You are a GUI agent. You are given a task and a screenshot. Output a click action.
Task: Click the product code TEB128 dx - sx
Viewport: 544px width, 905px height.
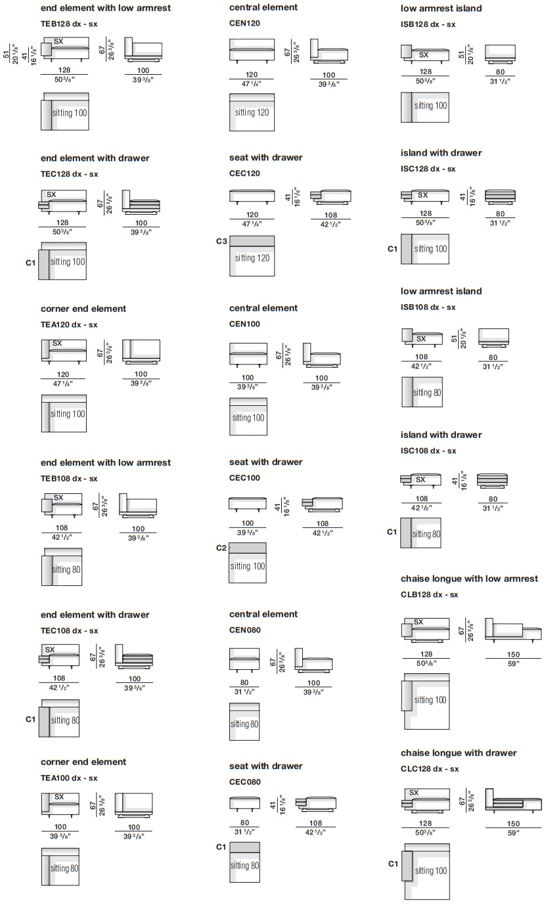(69, 24)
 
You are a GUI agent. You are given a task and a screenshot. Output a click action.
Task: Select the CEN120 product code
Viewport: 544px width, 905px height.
(244, 23)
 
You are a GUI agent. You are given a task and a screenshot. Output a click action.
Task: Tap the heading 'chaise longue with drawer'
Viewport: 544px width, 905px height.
(459, 753)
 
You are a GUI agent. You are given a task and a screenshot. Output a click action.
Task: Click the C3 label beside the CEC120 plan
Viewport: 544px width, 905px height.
(221, 241)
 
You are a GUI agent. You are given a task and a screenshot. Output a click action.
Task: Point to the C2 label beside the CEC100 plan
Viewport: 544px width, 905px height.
(221, 548)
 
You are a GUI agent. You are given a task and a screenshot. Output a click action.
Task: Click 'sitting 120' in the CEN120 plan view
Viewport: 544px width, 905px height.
(252, 112)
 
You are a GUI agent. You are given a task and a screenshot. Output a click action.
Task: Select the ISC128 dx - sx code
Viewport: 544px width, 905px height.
(428, 169)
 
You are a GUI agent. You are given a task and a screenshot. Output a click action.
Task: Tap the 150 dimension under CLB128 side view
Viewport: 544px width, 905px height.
(513, 654)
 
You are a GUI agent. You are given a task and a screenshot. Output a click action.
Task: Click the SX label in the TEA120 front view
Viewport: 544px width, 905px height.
(57, 343)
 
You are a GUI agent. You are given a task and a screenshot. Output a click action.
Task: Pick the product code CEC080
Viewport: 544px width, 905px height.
(245, 782)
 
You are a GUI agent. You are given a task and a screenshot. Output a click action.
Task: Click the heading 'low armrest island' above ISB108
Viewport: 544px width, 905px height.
(441, 291)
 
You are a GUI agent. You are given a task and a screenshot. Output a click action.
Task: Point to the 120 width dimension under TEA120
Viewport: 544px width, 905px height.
(63, 374)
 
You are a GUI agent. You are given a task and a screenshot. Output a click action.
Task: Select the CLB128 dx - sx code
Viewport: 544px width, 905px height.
(429, 594)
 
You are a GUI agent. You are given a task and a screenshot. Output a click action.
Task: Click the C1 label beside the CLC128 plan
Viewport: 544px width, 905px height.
(394, 864)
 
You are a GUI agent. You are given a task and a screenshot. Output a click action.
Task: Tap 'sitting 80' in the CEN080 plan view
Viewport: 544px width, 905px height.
(244, 724)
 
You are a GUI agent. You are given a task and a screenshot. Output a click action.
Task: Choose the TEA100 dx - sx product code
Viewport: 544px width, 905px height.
(69, 778)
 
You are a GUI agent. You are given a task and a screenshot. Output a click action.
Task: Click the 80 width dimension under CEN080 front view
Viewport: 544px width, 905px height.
(244, 682)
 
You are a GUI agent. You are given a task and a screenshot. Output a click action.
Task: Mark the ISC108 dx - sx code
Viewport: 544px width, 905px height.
(428, 451)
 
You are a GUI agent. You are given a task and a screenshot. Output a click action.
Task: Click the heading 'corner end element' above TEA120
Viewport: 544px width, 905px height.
(83, 309)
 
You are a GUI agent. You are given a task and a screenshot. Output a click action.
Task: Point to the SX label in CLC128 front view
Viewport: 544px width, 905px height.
(414, 793)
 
